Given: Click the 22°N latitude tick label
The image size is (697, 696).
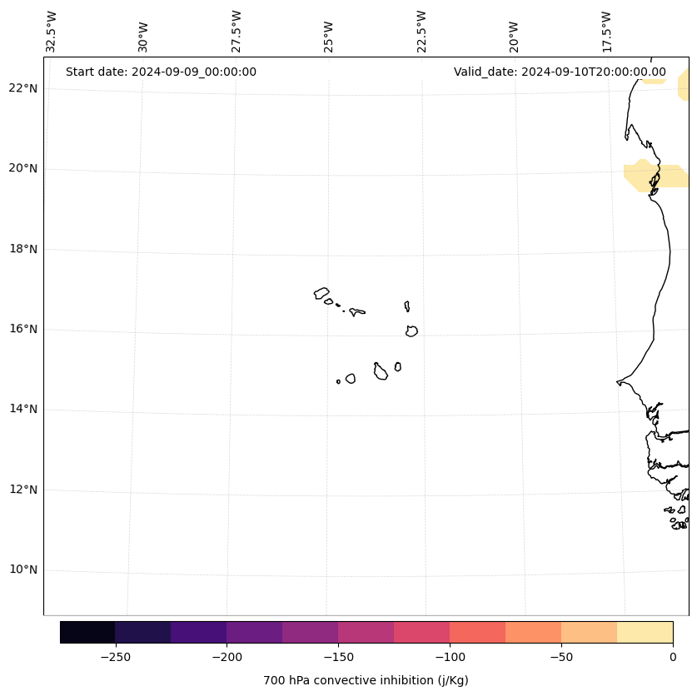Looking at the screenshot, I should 22,88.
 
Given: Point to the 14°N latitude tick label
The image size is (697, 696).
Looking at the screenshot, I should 22,409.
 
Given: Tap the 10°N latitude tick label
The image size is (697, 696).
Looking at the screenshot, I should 22,569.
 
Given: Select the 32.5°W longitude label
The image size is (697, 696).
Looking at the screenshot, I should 52,32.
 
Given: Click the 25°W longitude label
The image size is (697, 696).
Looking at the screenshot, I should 329,37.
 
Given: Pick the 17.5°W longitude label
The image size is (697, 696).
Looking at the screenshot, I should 606,32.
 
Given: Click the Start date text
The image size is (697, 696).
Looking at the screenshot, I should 161,72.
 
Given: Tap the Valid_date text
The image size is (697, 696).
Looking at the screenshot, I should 560,72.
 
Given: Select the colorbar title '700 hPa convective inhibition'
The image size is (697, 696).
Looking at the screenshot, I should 366,680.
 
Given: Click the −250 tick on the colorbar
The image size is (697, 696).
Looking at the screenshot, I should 115,656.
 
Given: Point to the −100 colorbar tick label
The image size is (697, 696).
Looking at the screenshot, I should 450,656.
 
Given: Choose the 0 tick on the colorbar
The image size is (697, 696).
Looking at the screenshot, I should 672,656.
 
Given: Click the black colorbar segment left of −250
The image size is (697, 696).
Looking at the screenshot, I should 87,632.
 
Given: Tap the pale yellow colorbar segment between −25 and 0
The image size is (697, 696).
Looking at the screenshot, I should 645,632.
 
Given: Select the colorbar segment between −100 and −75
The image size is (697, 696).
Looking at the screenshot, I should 477,632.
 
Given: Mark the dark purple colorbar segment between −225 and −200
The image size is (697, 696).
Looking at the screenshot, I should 198,632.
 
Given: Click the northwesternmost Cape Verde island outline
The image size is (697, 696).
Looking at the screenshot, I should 321,293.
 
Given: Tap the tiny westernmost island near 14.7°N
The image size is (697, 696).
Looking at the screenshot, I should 338,381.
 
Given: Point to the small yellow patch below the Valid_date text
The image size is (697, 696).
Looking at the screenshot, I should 654,82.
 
